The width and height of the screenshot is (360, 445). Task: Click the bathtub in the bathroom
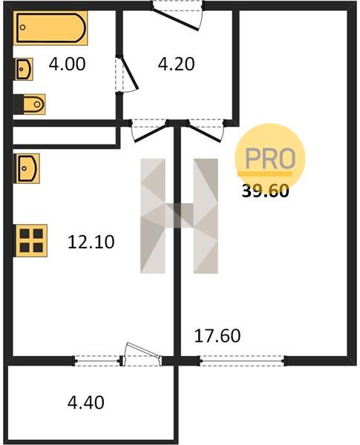coord(50,28)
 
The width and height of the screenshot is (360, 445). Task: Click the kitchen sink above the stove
coord(27,168)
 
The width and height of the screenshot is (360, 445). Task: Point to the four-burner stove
coord(30,240)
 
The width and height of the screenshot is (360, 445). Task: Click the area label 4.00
coord(67,64)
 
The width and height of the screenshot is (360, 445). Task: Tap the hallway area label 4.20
coord(176,64)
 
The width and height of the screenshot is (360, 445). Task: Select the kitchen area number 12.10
coord(91,242)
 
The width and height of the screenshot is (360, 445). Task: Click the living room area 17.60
coord(217,336)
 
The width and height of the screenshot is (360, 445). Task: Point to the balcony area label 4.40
coord(86,402)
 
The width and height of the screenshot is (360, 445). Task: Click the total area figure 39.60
coord(266,191)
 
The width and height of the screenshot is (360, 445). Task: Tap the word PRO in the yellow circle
coord(270,159)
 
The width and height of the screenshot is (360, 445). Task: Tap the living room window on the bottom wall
coord(243,360)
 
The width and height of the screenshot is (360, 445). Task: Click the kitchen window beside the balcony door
coord(97,360)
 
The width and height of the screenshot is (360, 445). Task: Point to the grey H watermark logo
coord(180,216)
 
